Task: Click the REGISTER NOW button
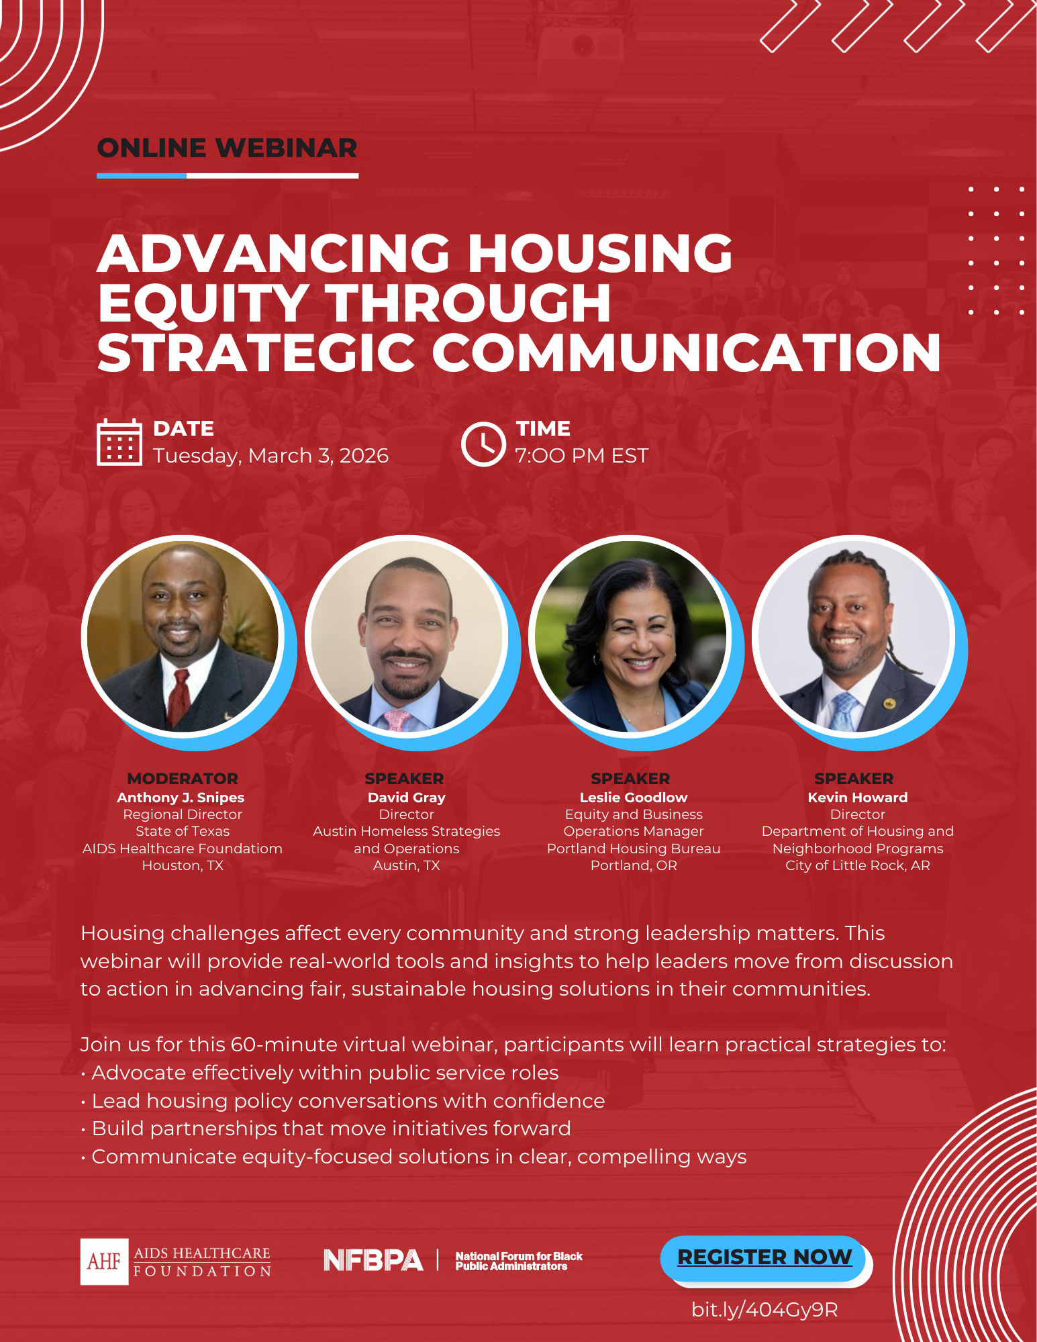pyautogui.click(x=764, y=1257)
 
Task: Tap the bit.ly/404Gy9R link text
pyautogui.click(x=764, y=1310)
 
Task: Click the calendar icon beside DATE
pyautogui.click(x=119, y=442)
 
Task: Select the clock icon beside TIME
pyautogui.click(x=483, y=444)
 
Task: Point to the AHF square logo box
pyautogui.click(x=104, y=1261)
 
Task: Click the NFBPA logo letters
pyautogui.click(x=373, y=1260)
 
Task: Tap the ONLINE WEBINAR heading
pyautogui.click(x=227, y=148)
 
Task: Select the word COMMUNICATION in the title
pyautogui.click(x=685, y=352)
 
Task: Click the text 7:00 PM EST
pyautogui.click(x=581, y=456)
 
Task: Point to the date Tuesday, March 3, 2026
pyautogui.click(x=270, y=456)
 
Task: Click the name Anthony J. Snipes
pyautogui.click(x=181, y=798)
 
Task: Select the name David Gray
pyautogui.click(x=406, y=798)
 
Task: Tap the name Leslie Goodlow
pyautogui.click(x=633, y=798)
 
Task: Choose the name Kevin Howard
pyautogui.click(x=857, y=798)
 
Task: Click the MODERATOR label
pyautogui.click(x=183, y=779)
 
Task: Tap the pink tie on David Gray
pyautogui.click(x=397, y=720)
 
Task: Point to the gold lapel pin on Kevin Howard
pyautogui.click(x=889, y=704)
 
